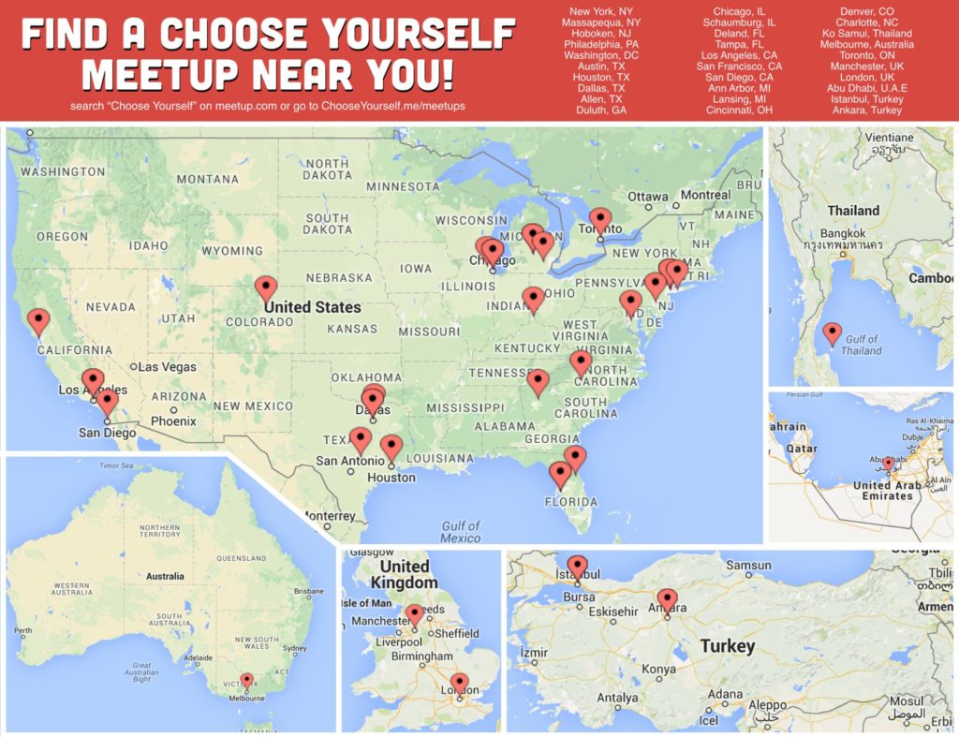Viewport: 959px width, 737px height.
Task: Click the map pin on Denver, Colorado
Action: (x=267, y=287)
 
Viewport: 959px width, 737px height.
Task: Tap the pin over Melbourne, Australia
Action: (x=246, y=680)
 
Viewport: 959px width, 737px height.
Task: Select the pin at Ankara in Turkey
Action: (x=667, y=597)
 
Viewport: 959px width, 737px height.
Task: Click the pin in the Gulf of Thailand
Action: (x=832, y=332)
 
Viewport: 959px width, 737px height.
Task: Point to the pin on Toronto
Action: (x=600, y=219)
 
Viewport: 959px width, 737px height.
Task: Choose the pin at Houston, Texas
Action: (x=391, y=446)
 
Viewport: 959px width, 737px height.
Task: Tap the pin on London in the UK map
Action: (x=459, y=683)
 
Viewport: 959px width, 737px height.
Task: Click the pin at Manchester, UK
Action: (x=414, y=613)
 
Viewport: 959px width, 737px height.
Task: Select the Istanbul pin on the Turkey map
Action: (x=578, y=565)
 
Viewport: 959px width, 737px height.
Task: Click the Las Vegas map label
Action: (x=168, y=367)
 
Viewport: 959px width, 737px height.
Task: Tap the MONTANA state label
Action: (x=207, y=179)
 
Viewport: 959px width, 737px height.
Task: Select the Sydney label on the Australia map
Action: (x=294, y=648)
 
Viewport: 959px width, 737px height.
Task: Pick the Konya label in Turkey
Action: (x=659, y=670)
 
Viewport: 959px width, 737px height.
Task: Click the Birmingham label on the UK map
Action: (x=421, y=656)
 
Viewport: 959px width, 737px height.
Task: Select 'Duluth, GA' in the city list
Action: (x=600, y=110)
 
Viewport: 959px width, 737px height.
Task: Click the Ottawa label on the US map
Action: (x=648, y=197)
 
